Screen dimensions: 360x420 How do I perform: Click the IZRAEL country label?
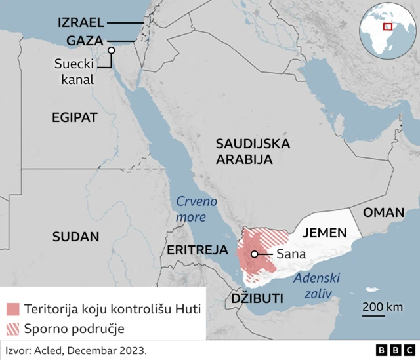pos(81,22)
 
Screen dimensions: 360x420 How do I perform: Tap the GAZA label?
pos(84,41)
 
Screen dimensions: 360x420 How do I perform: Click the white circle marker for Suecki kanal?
pos(112,50)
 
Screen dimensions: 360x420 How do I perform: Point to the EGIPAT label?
pos(75,117)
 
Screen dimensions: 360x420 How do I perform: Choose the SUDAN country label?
pos(76,237)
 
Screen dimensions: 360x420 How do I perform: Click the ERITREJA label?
pos(198,250)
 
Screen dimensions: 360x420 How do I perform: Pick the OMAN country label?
pos(384,213)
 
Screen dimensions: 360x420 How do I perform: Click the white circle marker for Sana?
pos(254,254)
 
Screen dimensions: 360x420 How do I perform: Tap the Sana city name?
pos(289,254)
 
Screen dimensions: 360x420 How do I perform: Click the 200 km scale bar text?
pos(383,307)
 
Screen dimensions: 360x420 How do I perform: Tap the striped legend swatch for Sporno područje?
pos(14,327)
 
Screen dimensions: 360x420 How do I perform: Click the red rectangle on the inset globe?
pos(388,26)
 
